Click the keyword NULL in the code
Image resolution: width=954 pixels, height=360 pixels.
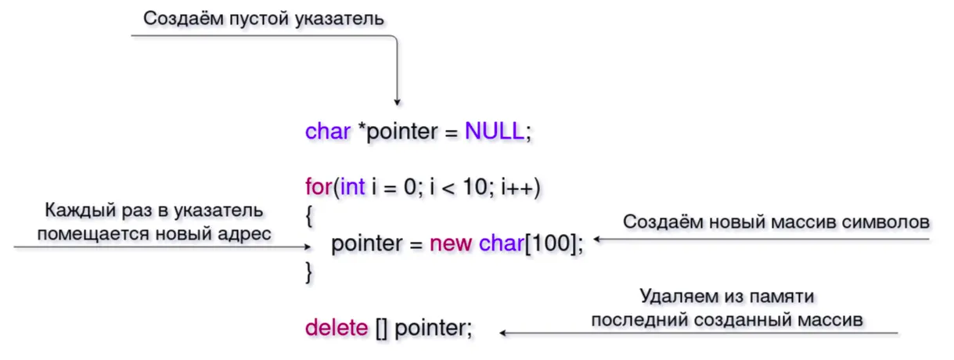pyautogui.click(x=494, y=131)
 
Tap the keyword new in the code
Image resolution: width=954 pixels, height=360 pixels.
pyautogui.click(x=450, y=243)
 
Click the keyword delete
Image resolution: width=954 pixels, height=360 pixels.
pyautogui.click(x=336, y=328)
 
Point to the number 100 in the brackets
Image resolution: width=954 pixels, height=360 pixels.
pyautogui.click(x=553, y=243)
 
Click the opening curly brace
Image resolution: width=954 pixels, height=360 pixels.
pyautogui.click(x=310, y=217)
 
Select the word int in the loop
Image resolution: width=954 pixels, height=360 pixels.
pyautogui.click(x=353, y=188)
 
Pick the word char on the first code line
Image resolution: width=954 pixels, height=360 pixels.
pyautogui.click(x=328, y=131)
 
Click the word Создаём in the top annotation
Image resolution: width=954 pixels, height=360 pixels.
pyautogui.click(x=175, y=19)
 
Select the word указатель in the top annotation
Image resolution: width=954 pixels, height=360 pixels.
pyautogui.click(x=345, y=19)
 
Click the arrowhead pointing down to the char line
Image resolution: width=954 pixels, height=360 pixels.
pyautogui.click(x=397, y=101)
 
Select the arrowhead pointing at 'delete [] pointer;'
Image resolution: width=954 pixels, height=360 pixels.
pyautogui.click(x=504, y=333)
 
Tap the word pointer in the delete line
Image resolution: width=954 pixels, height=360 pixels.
pyautogui.click(x=432, y=328)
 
